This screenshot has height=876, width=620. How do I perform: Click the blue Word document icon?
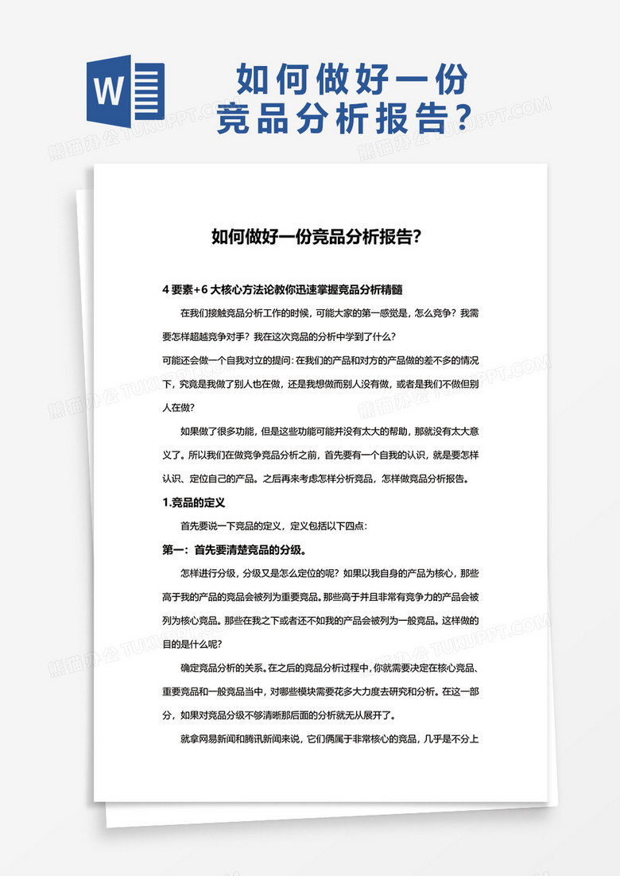pyautogui.click(x=125, y=92)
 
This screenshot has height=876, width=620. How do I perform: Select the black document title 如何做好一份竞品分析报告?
pyautogui.click(x=316, y=236)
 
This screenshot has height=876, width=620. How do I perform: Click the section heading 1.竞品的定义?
pyautogui.click(x=195, y=502)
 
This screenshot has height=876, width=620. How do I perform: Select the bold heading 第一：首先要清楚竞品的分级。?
pyautogui.click(x=235, y=549)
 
